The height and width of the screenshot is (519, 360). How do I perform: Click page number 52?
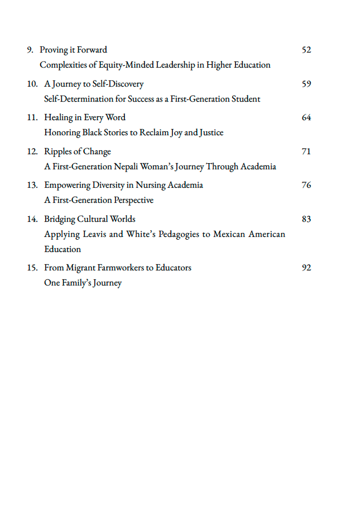306,50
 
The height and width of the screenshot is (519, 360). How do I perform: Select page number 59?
306,84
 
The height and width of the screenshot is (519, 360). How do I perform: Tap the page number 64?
306,117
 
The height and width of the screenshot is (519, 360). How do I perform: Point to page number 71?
306,151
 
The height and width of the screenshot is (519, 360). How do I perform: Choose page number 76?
306,185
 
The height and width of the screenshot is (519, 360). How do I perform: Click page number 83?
306,219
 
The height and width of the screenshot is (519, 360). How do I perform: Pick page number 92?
306,268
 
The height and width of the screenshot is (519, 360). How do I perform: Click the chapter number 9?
30,50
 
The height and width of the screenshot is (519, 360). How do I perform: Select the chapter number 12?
32,151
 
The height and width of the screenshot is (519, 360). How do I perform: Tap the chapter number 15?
32,268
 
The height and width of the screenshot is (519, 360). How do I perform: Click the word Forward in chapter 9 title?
92,50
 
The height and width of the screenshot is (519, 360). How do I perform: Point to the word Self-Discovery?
118,84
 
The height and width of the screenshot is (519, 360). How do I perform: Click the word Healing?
59,117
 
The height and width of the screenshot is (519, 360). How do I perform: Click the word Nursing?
151,185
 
